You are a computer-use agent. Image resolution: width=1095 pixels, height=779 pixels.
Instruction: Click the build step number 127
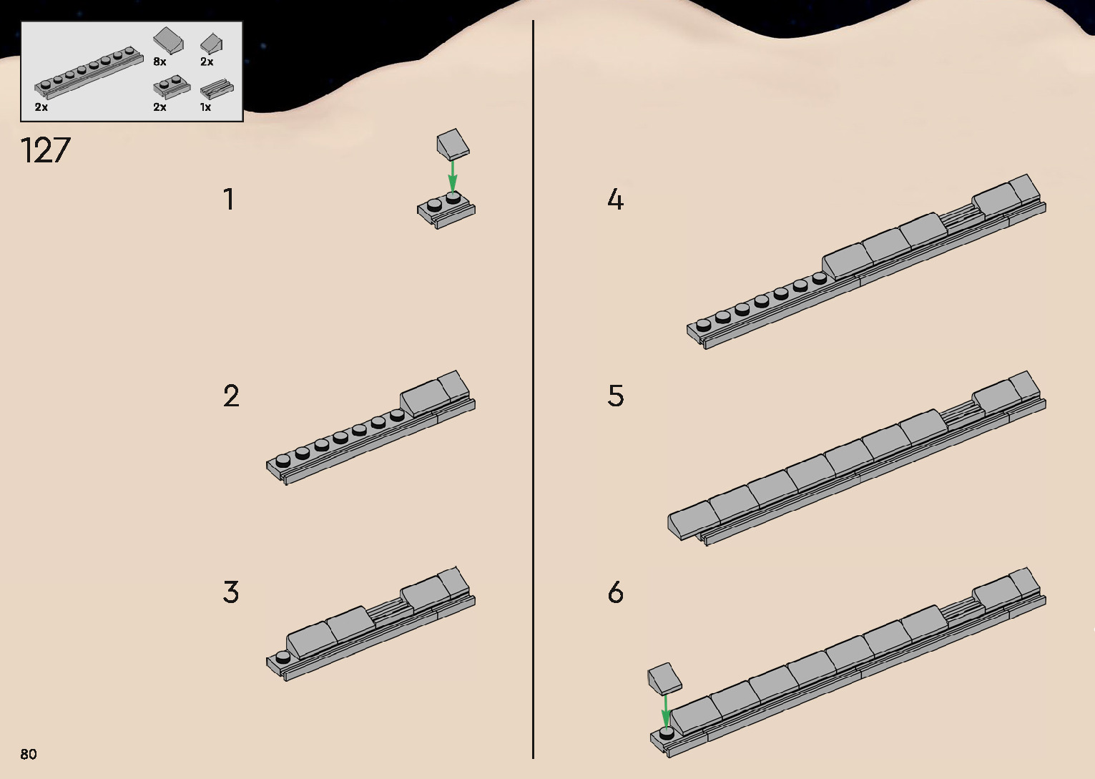click(46, 150)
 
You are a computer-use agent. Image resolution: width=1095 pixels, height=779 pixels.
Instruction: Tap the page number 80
click(29, 754)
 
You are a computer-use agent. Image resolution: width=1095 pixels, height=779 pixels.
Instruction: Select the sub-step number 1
click(229, 200)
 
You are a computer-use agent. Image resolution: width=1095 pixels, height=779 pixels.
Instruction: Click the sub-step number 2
click(231, 396)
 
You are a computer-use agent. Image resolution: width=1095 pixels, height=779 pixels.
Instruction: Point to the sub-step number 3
click(231, 592)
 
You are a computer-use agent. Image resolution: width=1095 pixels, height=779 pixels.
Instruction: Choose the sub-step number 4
click(615, 200)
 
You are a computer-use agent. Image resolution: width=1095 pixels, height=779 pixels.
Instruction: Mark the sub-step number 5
click(616, 396)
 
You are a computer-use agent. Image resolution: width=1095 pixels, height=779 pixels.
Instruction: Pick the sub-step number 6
click(616, 592)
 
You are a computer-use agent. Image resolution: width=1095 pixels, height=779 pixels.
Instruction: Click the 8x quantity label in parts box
click(159, 62)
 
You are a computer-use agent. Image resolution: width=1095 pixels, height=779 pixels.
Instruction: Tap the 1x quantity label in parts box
click(205, 107)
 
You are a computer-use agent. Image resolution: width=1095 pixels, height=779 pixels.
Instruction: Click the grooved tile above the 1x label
click(215, 89)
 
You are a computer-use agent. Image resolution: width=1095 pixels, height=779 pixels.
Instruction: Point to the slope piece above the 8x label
click(168, 40)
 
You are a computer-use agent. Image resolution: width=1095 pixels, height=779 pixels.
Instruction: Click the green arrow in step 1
click(452, 175)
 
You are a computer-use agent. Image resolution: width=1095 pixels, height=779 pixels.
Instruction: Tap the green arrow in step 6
click(666, 710)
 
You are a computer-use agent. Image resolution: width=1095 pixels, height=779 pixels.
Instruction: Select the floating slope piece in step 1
click(453, 144)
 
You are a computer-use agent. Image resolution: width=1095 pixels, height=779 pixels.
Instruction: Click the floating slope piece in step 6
click(664, 678)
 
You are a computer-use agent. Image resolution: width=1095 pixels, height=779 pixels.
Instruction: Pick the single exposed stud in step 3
click(283, 656)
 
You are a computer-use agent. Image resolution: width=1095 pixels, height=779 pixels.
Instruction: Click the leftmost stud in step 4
click(703, 324)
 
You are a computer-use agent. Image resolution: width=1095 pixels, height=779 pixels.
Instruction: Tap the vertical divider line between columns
click(534, 390)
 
